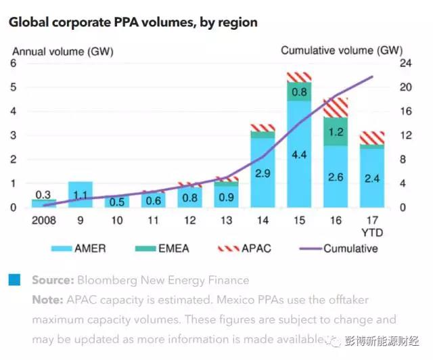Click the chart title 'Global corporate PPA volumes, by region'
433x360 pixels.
tap(133, 22)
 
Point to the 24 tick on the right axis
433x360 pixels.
tap(405, 63)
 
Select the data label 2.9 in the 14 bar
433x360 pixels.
tap(263, 174)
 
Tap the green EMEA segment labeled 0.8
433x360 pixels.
tap(298, 91)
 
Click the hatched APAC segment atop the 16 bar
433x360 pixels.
tap(336, 107)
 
